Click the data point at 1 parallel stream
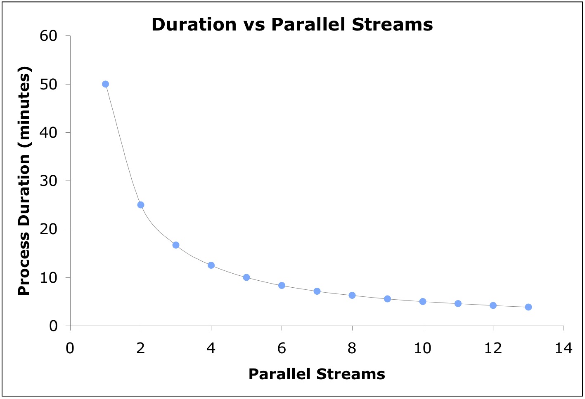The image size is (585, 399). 105,84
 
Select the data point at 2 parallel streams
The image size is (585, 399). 141,205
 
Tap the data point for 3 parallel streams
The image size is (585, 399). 176,245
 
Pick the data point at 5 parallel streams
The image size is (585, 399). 246,277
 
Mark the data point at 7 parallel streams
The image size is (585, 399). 317,291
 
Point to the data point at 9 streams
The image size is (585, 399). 387,299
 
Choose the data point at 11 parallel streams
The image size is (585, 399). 458,303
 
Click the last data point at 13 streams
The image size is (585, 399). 528,307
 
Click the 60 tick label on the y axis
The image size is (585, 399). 48,36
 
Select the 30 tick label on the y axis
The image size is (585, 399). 48,181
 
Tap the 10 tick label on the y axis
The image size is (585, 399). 48,277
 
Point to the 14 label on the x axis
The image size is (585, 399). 564,348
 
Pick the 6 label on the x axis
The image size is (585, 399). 282,348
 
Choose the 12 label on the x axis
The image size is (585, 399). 493,348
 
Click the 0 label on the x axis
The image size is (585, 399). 70,348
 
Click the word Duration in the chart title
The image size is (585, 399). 194,25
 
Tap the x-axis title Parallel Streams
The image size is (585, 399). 317,374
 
